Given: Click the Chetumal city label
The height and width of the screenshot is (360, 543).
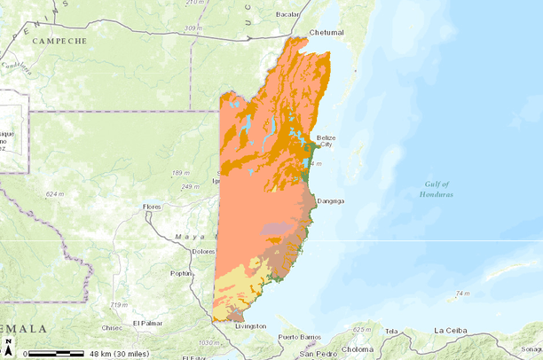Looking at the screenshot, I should (325, 32).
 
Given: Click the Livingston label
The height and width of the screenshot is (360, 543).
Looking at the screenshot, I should (249, 326).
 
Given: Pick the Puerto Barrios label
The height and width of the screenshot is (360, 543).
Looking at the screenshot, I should (298, 338).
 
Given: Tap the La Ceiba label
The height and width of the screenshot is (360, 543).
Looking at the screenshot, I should (451, 331).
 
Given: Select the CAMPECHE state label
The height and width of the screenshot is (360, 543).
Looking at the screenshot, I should (59, 41).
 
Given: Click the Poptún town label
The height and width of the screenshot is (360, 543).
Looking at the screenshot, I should (181, 274).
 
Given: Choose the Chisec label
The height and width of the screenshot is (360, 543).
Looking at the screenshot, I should (112, 327).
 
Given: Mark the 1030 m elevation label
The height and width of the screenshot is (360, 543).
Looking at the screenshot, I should (210, 342).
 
